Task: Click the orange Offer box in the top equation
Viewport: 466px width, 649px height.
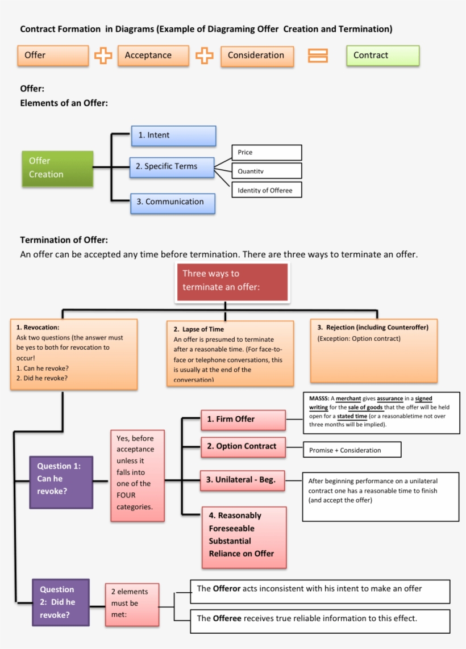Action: tap(53, 56)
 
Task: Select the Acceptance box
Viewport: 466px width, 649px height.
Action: tap(153, 56)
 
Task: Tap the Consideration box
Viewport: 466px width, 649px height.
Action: tap(257, 56)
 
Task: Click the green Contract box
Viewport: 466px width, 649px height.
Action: tap(382, 56)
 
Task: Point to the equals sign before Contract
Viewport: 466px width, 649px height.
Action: tap(318, 56)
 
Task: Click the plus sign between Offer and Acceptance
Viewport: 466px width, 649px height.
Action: tap(103, 56)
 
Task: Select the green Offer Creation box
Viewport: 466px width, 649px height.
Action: tap(57, 168)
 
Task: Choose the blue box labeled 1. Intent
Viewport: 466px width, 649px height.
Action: tap(173, 136)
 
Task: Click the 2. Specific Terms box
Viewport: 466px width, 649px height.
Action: tap(172, 167)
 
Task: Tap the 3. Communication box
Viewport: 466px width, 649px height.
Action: tap(173, 202)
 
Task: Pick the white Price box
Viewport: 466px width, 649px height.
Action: tap(266, 153)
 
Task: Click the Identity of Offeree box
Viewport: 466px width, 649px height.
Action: tap(266, 190)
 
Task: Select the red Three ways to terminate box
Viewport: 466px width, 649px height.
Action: tap(232, 281)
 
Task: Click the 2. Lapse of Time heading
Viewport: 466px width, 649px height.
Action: tap(198, 329)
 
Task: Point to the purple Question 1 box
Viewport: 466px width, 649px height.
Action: tap(61, 479)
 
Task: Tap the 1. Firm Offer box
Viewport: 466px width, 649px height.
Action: tap(243, 420)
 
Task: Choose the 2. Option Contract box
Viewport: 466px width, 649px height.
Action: tap(243, 447)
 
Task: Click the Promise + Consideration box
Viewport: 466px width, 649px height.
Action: tap(351, 450)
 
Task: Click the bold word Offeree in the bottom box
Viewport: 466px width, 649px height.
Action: tap(227, 618)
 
